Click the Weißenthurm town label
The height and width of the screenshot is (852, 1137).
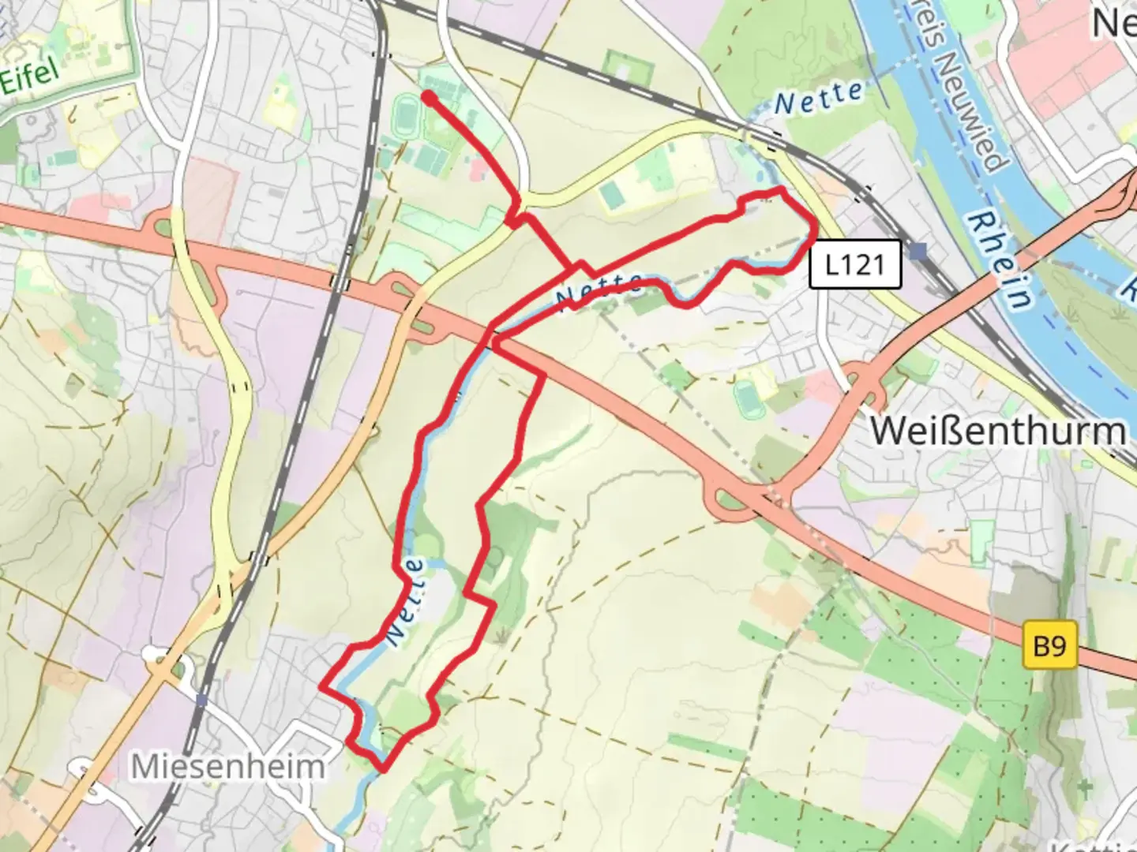[x=998, y=431]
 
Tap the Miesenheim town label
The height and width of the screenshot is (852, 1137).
[x=227, y=766]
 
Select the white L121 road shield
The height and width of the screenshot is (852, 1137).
[x=854, y=263]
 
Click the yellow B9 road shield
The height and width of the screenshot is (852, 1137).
[x=1049, y=646]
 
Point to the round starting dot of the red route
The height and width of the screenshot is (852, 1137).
[x=428, y=97]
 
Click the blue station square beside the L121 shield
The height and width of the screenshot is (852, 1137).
[x=917, y=252]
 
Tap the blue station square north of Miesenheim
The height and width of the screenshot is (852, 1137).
[x=202, y=700]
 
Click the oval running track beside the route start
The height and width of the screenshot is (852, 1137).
[x=406, y=114]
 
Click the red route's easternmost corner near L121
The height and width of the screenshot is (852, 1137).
[x=815, y=227]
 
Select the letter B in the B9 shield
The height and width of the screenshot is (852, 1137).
[x=1041, y=646]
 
